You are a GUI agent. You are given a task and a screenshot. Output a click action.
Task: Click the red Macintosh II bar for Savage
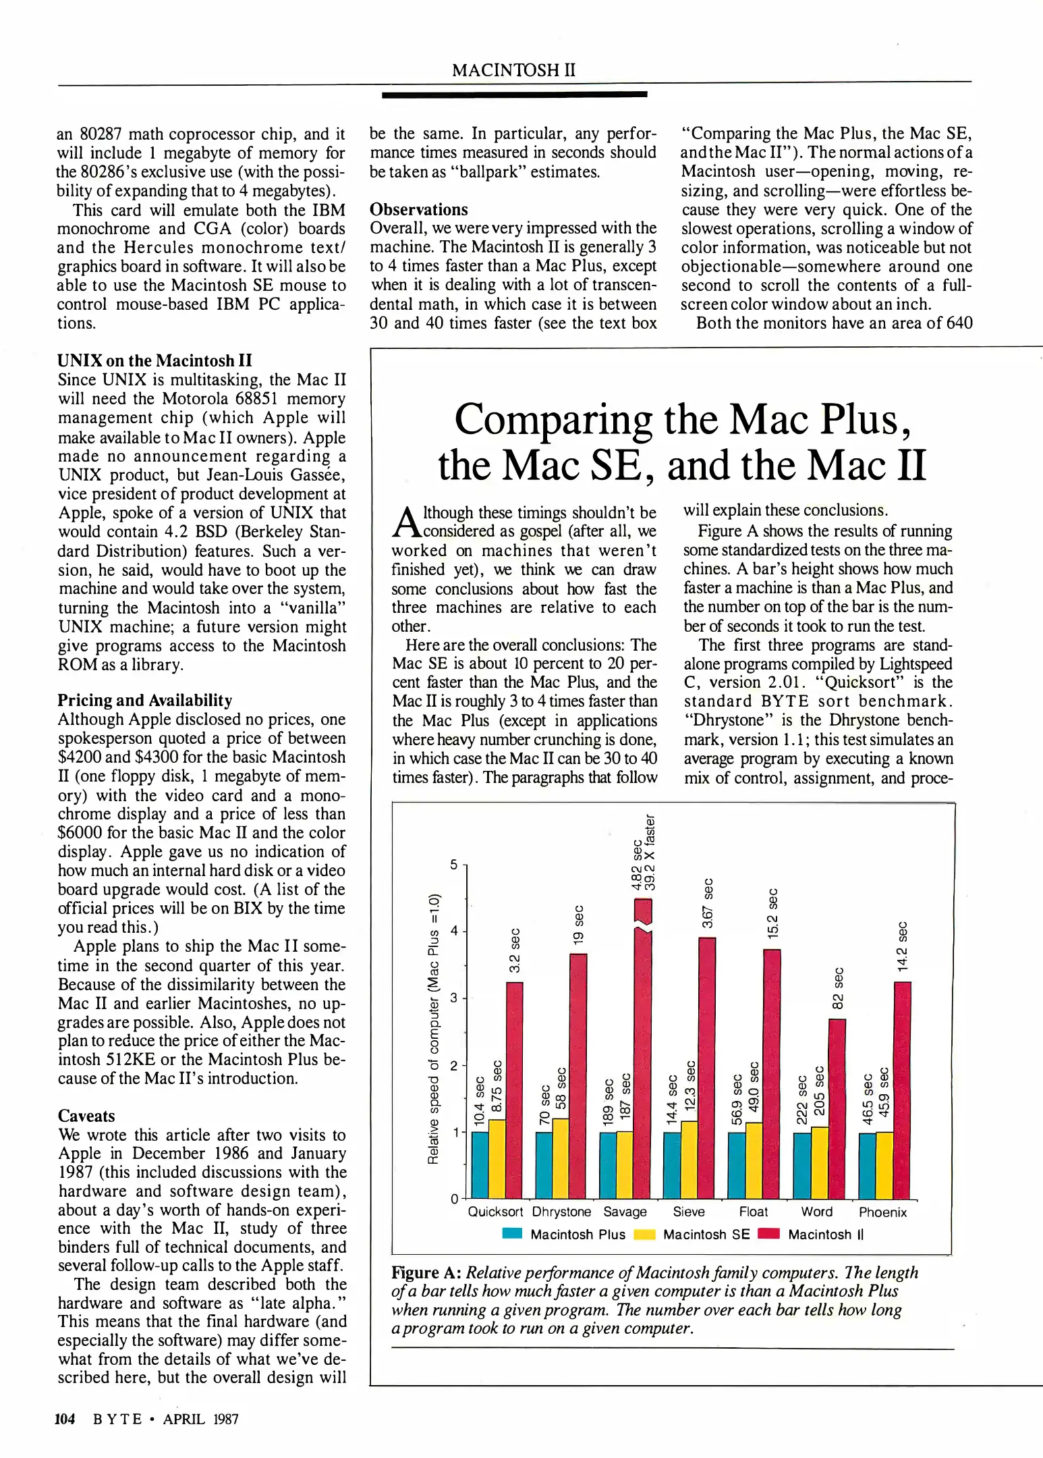(x=643, y=1053)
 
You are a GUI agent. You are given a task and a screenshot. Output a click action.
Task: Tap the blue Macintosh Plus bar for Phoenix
(x=867, y=1165)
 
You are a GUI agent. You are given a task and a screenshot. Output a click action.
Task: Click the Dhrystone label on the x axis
(x=561, y=1212)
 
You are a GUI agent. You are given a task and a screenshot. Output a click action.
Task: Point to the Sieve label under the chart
(x=689, y=1212)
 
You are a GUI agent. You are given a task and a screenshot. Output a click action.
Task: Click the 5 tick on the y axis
(x=454, y=865)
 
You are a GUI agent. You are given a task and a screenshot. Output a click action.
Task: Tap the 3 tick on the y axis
(x=454, y=998)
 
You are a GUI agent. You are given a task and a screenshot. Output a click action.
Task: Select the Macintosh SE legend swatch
(x=645, y=1235)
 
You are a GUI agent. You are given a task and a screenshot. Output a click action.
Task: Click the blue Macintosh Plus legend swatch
(x=513, y=1235)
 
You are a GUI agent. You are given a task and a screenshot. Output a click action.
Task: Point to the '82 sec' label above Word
(x=838, y=989)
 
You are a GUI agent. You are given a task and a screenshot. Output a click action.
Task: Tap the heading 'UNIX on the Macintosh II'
(x=154, y=360)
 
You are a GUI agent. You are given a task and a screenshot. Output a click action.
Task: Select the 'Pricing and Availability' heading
(x=144, y=700)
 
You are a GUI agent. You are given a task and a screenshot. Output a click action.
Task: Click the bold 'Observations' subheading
(x=418, y=209)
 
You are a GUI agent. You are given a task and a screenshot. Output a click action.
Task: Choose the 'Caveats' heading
(x=86, y=1116)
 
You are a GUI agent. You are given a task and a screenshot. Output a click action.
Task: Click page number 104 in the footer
(x=65, y=1419)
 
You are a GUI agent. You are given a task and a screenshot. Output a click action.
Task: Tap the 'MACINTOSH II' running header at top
(x=513, y=70)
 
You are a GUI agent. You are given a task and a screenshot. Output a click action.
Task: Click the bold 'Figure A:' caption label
(x=426, y=1272)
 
